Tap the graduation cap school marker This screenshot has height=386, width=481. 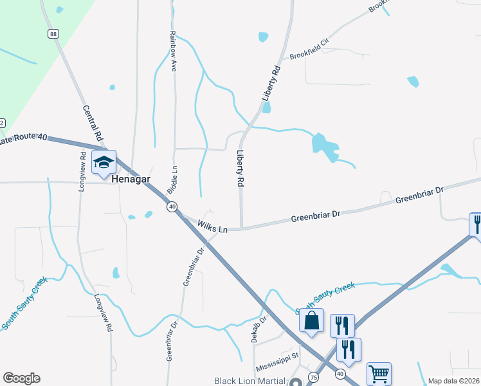coord(103,163)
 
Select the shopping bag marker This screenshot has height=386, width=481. coord(312,321)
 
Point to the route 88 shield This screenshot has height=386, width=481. coord(52,33)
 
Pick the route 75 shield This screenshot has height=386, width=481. coord(313,376)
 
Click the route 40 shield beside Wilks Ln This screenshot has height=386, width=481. coord(172,207)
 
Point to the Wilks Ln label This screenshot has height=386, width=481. coord(213,227)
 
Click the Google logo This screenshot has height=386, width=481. coord(21,378)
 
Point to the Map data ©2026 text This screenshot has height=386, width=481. coord(453,381)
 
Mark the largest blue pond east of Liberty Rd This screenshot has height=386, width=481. coord(324,147)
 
